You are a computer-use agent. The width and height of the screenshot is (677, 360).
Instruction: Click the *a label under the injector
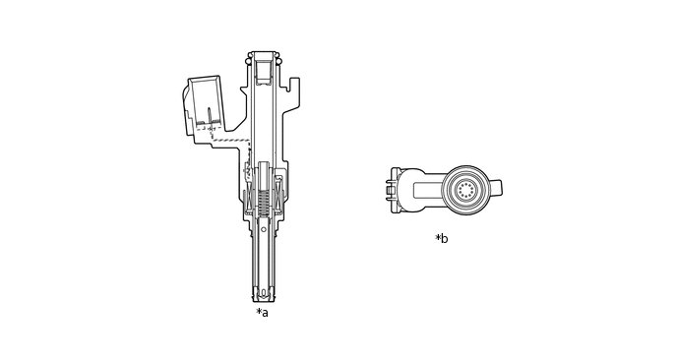coord(262,313)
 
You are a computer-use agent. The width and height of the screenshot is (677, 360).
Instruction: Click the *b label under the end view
coord(441,238)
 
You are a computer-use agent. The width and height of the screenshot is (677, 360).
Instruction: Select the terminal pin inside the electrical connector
coord(210,116)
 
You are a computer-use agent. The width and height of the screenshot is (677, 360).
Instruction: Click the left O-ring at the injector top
coord(248,62)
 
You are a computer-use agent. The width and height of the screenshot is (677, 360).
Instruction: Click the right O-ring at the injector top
coord(278,62)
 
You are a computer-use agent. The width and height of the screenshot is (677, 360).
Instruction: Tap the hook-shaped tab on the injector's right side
coord(294,85)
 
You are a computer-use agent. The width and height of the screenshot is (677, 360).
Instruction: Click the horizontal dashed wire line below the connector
coord(231,141)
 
